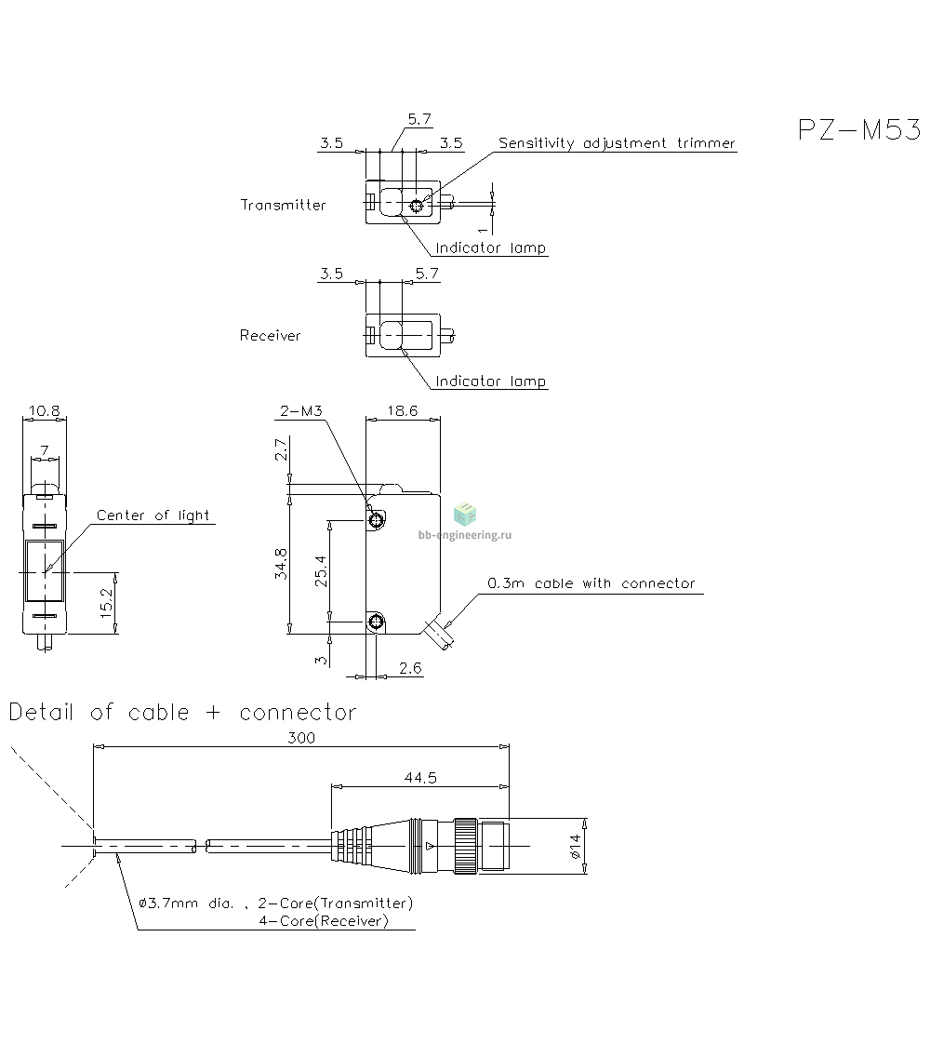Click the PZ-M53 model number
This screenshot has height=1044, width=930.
tap(858, 129)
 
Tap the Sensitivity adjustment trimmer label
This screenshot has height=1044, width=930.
tap(617, 143)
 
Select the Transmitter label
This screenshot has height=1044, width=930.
tap(284, 205)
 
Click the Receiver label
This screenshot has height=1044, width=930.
tap(270, 336)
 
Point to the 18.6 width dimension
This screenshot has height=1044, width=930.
tap(403, 411)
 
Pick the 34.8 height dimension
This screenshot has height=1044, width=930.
tap(281, 563)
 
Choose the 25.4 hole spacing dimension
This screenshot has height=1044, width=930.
tap(321, 571)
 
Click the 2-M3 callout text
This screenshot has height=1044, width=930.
tap(300, 411)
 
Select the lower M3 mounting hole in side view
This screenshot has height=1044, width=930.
tap(376, 622)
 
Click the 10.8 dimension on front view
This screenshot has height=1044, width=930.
tap(45, 411)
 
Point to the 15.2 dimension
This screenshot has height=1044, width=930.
tap(106, 603)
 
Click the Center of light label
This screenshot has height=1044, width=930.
tap(153, 515)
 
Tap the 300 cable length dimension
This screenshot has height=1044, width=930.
tap(300, 738)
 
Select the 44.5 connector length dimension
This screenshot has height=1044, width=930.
tap(420, 778)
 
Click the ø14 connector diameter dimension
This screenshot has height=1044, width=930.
tap(576, 846)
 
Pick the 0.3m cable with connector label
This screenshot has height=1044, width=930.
tap(591, 583)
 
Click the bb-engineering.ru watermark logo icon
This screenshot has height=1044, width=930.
tap(465, 515)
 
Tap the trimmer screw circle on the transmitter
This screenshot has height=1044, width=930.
tap(417, 207)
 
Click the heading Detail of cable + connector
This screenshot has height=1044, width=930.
tap(183, 713)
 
